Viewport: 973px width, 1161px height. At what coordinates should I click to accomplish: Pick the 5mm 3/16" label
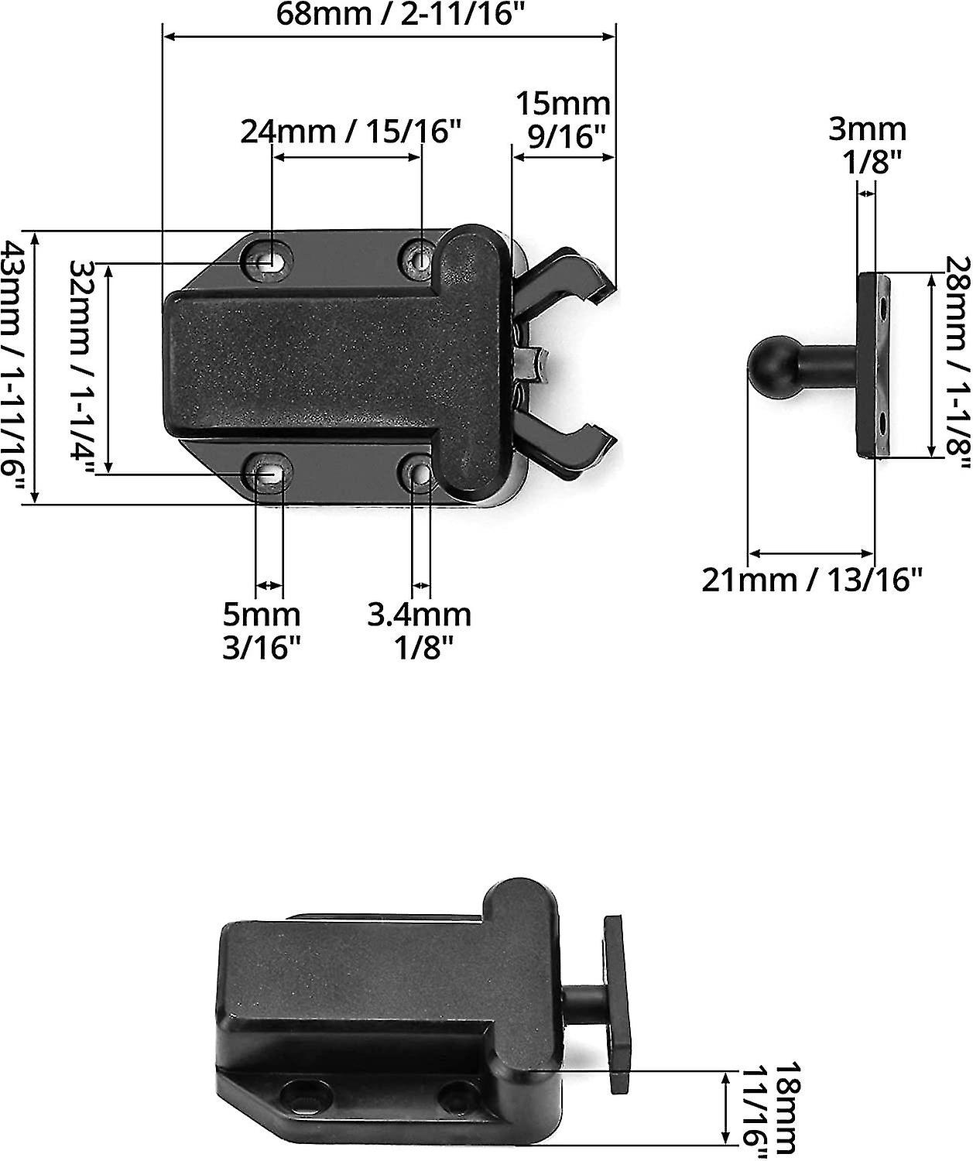coord(262,631)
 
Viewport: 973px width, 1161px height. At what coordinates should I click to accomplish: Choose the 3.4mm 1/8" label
coord(420,631)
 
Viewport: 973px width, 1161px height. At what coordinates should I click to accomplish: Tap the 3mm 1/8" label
coord(867,144)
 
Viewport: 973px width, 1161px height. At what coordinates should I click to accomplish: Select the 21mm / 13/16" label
coord(813,579)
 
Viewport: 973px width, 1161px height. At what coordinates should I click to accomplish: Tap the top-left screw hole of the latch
coord(268,261)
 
